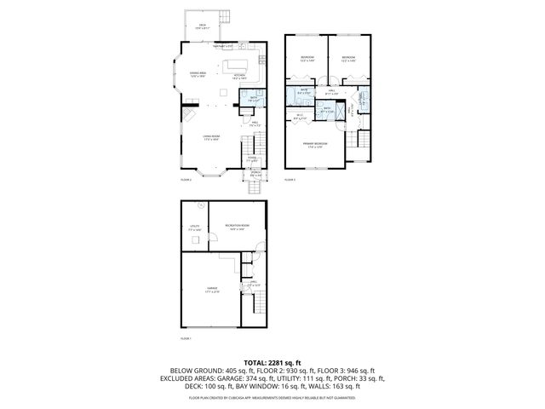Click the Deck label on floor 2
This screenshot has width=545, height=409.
coord(203,26)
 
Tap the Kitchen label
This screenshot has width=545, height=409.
coord(239,76)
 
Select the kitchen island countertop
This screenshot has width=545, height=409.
coord(236,64)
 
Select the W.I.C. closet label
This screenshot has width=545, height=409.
coord(301,116)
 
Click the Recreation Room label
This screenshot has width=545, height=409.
coord(235,227)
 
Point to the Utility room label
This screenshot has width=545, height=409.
coord(194,228)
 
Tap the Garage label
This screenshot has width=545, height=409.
coord(211,291)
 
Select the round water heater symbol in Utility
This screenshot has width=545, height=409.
coord(198,205)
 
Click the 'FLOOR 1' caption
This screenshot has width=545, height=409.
coord(186,338)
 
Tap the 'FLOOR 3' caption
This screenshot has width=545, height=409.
coord(290,180)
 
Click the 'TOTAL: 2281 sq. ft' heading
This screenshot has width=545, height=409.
coord(272,362)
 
